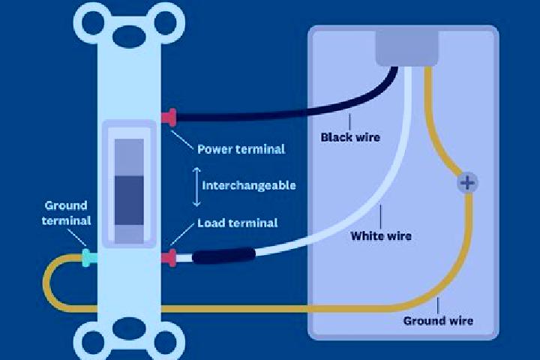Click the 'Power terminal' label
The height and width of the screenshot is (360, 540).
click(x=241, y=149)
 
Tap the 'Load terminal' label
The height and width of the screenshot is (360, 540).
click(x=237, y=223)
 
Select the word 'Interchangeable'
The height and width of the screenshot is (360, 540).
click(x=249, y=186)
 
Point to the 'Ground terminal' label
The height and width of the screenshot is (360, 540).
click(x=66, y=213)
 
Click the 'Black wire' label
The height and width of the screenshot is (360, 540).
click(x=350, y=137)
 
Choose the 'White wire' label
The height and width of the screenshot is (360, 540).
click(x=381, y=236)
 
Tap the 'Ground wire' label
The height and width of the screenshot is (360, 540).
click(x=438, y=321)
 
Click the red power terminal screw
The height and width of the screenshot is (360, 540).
click(x=169, y=118)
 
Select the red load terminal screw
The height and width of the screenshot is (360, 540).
click(x=169, y=258)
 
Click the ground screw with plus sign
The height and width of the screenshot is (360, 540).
click(x=467, y=182)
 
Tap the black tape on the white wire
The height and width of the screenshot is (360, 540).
click(x=223, y=256)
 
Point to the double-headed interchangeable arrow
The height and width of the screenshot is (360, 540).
click(x=196, y=187)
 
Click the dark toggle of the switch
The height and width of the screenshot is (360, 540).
click(x=129, y=200)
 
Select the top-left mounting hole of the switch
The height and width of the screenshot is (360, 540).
click(x=93, y=22)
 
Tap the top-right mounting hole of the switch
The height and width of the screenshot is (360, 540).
click(x=165, y=22)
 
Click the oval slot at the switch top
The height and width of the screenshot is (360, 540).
click(x=129, y=36)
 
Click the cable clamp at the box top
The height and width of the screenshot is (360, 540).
click(x=406, y=48)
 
